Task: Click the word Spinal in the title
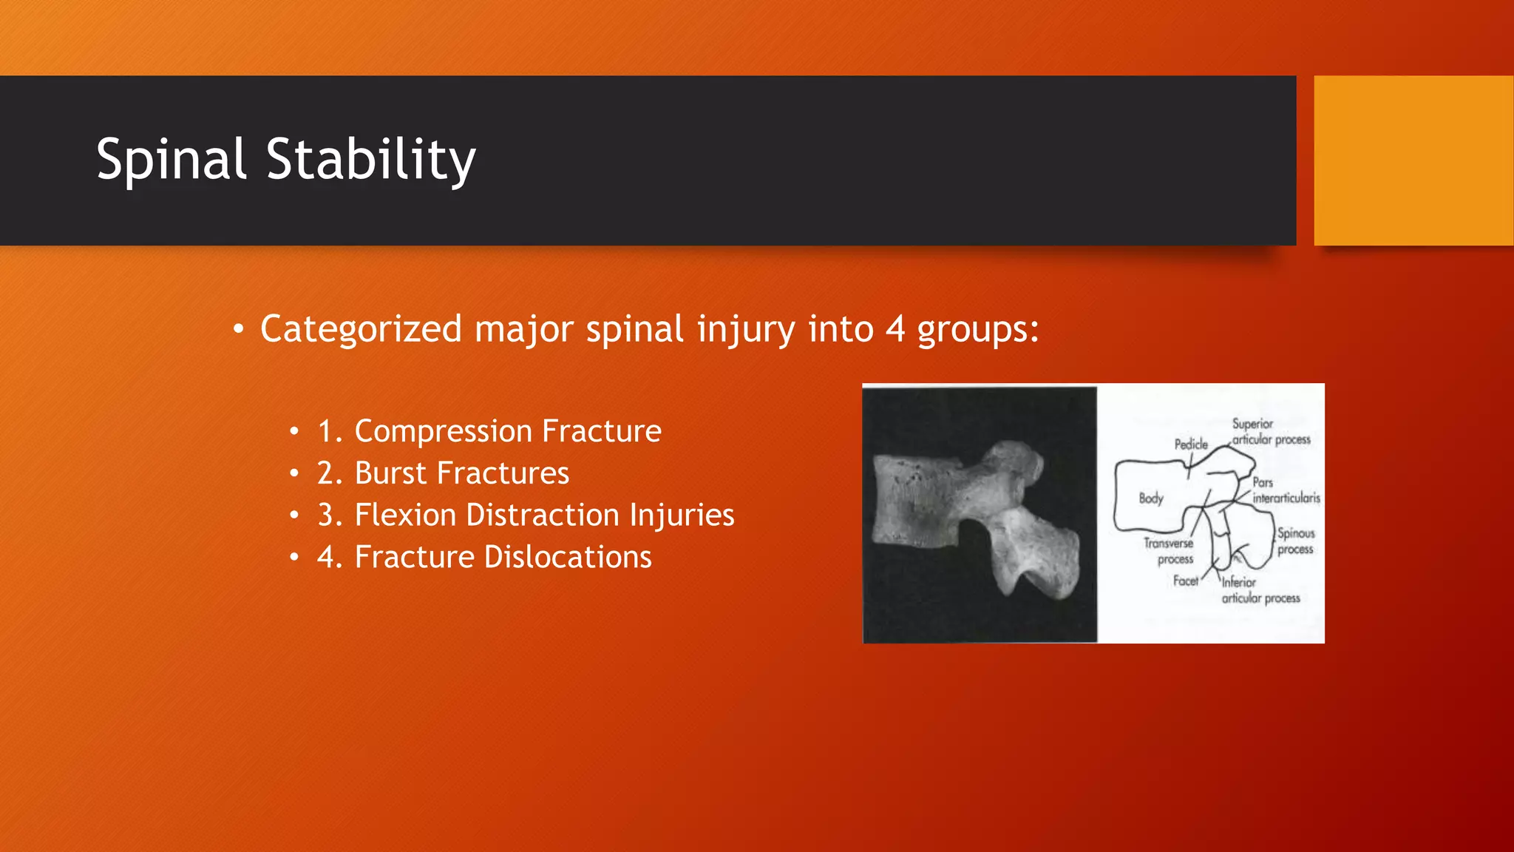pyautogui.click(x=171, y=159)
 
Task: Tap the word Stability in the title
pyautogui.click(x=370, y=159)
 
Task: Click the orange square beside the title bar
pyautogui.click(x=1413, y=160)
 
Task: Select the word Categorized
pyautogui.click(x=361, y=329)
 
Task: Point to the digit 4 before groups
pyautogui.click(x=895, y=329)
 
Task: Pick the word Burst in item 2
pyautogui.click(x=390, y=473)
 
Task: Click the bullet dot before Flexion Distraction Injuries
pyautogui.click(x=294, y=515)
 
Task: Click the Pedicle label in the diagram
pyautogui.click(x=1191, y=444)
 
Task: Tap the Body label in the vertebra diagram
pyautogui.click(x=1150, y=498)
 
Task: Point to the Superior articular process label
pyautogui.click(x=1270, y=432)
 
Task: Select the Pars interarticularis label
pyautogui.click(x=1285, y=490)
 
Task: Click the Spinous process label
pyautogui.click(x=1295, y=541)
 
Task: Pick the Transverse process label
pyautogui.click(x=1169, y=551)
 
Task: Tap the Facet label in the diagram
pyautogui.click(x=1185, y=581)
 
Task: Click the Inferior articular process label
pyautogui.click(x=1259, y=590)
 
